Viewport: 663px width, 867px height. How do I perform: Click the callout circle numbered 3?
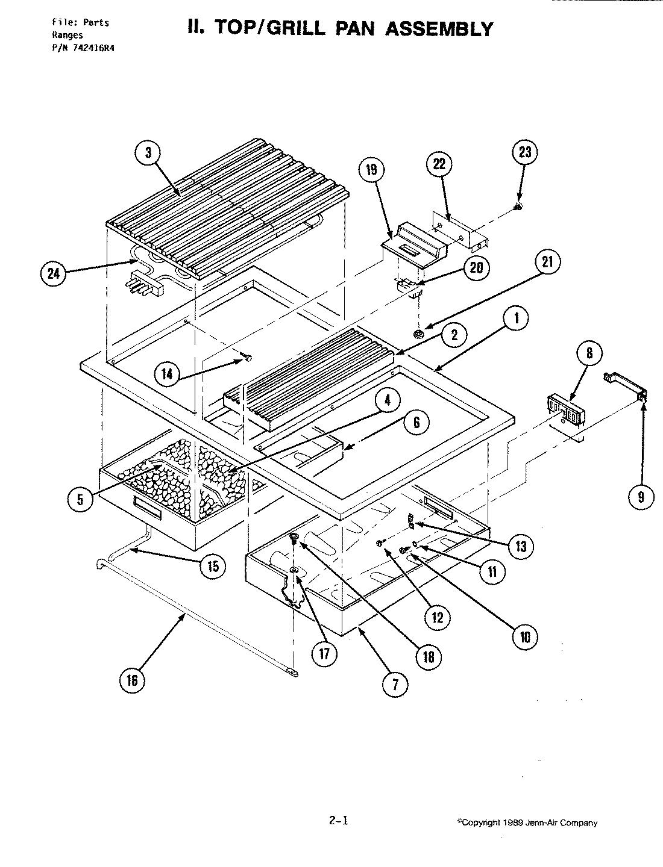coord(147,153)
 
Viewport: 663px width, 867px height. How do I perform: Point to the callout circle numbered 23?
coord(524,152)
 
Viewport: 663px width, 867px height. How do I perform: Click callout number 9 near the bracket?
coord(640,496)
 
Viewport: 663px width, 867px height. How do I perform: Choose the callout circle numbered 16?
coord(131,680)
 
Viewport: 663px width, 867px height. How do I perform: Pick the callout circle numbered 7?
coord(395,685)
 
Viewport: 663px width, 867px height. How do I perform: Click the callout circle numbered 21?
coord(548,263)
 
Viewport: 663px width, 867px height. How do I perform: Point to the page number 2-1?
coord(339,820)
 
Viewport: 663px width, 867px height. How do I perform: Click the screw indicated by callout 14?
coord(247,359)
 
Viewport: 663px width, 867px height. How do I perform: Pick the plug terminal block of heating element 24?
coord(145,287)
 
